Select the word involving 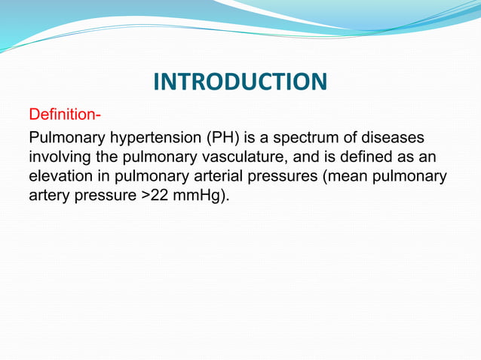pyautogui.click(x=59, y=159)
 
